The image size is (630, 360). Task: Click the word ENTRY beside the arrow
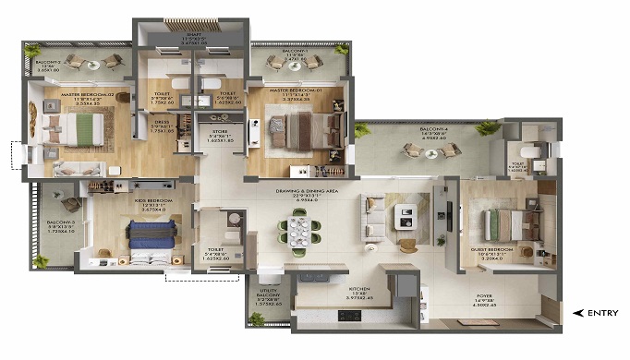pos(604,313)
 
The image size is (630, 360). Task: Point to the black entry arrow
pos(578,313)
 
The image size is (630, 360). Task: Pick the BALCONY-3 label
pos(62,224)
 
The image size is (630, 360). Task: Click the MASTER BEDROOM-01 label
pos(296,91)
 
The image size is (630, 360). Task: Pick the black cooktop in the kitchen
pos(352,315)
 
